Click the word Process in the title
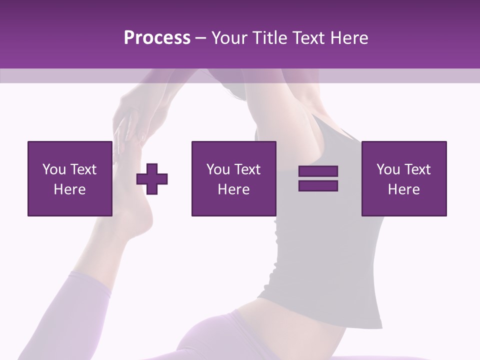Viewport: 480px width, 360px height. pyautogui.click(x=157, y=38)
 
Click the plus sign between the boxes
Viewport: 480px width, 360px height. pyautogui.click(x=152, y=178)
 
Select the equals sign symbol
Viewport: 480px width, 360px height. pyautogui.click(x=318, y=178)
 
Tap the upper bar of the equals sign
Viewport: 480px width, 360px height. pyautogui.click(x=318, y=171)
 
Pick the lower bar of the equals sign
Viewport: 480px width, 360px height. pyautogui.click(x=318, y=185)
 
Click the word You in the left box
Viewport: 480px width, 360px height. pyautogui.click(x=53, y=169)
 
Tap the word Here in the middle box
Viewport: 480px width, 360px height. pyautogui.click(x=233, y=189)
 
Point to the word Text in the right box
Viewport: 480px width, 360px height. pyautogui.click(x=416, y=169)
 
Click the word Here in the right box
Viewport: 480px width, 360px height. pyautogui.click(x=403, y=189)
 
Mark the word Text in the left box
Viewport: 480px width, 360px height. pyautogui.click(x=83, y=169)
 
